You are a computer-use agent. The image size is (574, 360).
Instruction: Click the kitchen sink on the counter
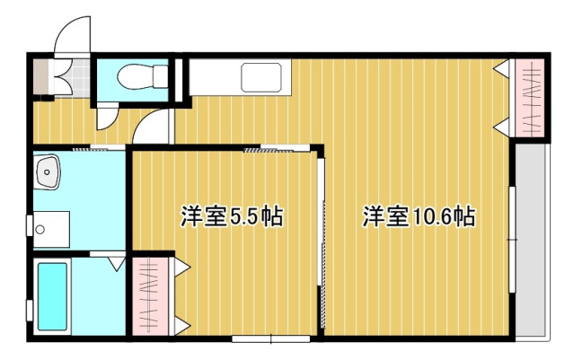[x=264, y=78]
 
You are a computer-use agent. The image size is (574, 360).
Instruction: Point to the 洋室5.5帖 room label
[x=232, y=216]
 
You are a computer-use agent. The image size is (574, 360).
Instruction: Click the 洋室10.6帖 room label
[x=419, y=216]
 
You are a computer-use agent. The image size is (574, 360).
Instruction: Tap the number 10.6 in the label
[x=433, y=216]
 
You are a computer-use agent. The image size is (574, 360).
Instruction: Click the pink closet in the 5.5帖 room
[x=151, y=295]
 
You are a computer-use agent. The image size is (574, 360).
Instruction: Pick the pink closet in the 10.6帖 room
[x=529, y=97]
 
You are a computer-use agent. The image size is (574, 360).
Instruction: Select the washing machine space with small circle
[x=49, y=228]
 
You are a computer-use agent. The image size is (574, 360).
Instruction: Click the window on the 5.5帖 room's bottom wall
[x=269, y=338]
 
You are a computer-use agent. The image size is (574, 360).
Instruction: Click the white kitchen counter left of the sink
[x=216, y=78]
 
